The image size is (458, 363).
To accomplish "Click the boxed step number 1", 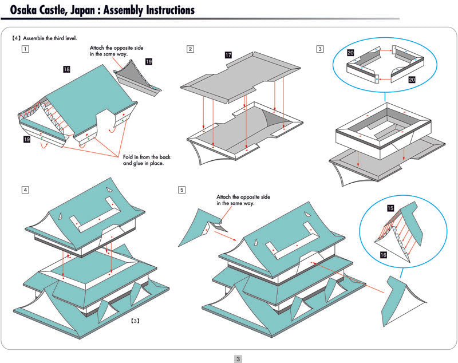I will pyautogui.click(x=25, y=49).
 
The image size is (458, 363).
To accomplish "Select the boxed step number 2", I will pyautogui.click(x=190, y=49).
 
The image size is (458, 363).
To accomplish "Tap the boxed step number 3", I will pyautogui.click(x=319, y=49).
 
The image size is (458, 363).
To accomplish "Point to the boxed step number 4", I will pyautogui.click(x=25, y=190).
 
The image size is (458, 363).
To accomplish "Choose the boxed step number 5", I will pyautogui.click(x=182, y=190).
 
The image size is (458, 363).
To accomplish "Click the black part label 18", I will pyautogui.click(x=67, y=69).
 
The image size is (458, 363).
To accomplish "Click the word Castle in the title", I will pyautogui.click(x=55, y=10).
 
